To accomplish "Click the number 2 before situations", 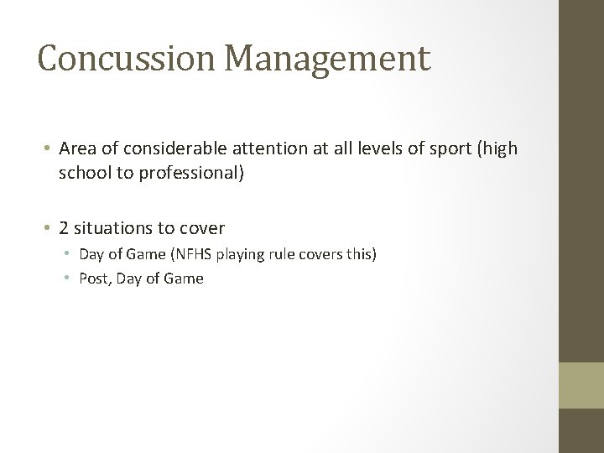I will (64, 226).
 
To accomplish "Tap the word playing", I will (247, 253).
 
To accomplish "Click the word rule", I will (289, 253).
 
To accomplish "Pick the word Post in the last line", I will (92, 278).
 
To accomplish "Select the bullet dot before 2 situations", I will (49, 227).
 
